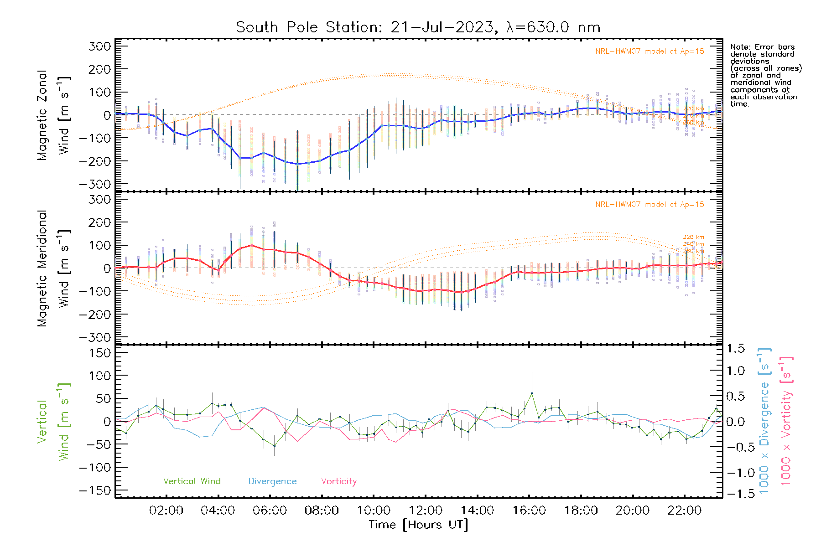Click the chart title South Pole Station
[417, 27]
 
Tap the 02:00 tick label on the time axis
[166, 511]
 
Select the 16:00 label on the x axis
[529, 511]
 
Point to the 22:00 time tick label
[684, 511]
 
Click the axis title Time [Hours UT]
[418, 525]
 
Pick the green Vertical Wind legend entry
[192, 481]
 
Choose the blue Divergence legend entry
[272, 481]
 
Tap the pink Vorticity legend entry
[338, 481]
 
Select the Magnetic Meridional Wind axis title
[54, 268]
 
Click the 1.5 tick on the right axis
[735, 349]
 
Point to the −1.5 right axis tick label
[735, 494]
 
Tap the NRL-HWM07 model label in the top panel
[650, 52]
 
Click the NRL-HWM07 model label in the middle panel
[650, 205]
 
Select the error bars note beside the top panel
[765, 75]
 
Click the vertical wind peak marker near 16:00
[532, 393]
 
